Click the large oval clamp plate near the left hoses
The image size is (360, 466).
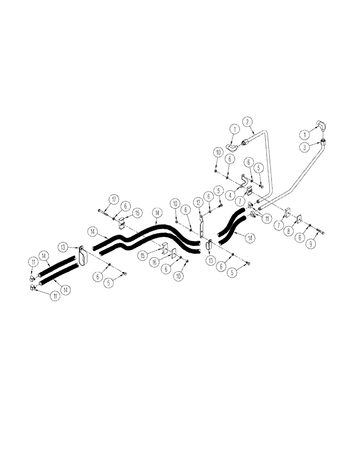coord(83,257)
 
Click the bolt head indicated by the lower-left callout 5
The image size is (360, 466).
coord(125,274)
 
